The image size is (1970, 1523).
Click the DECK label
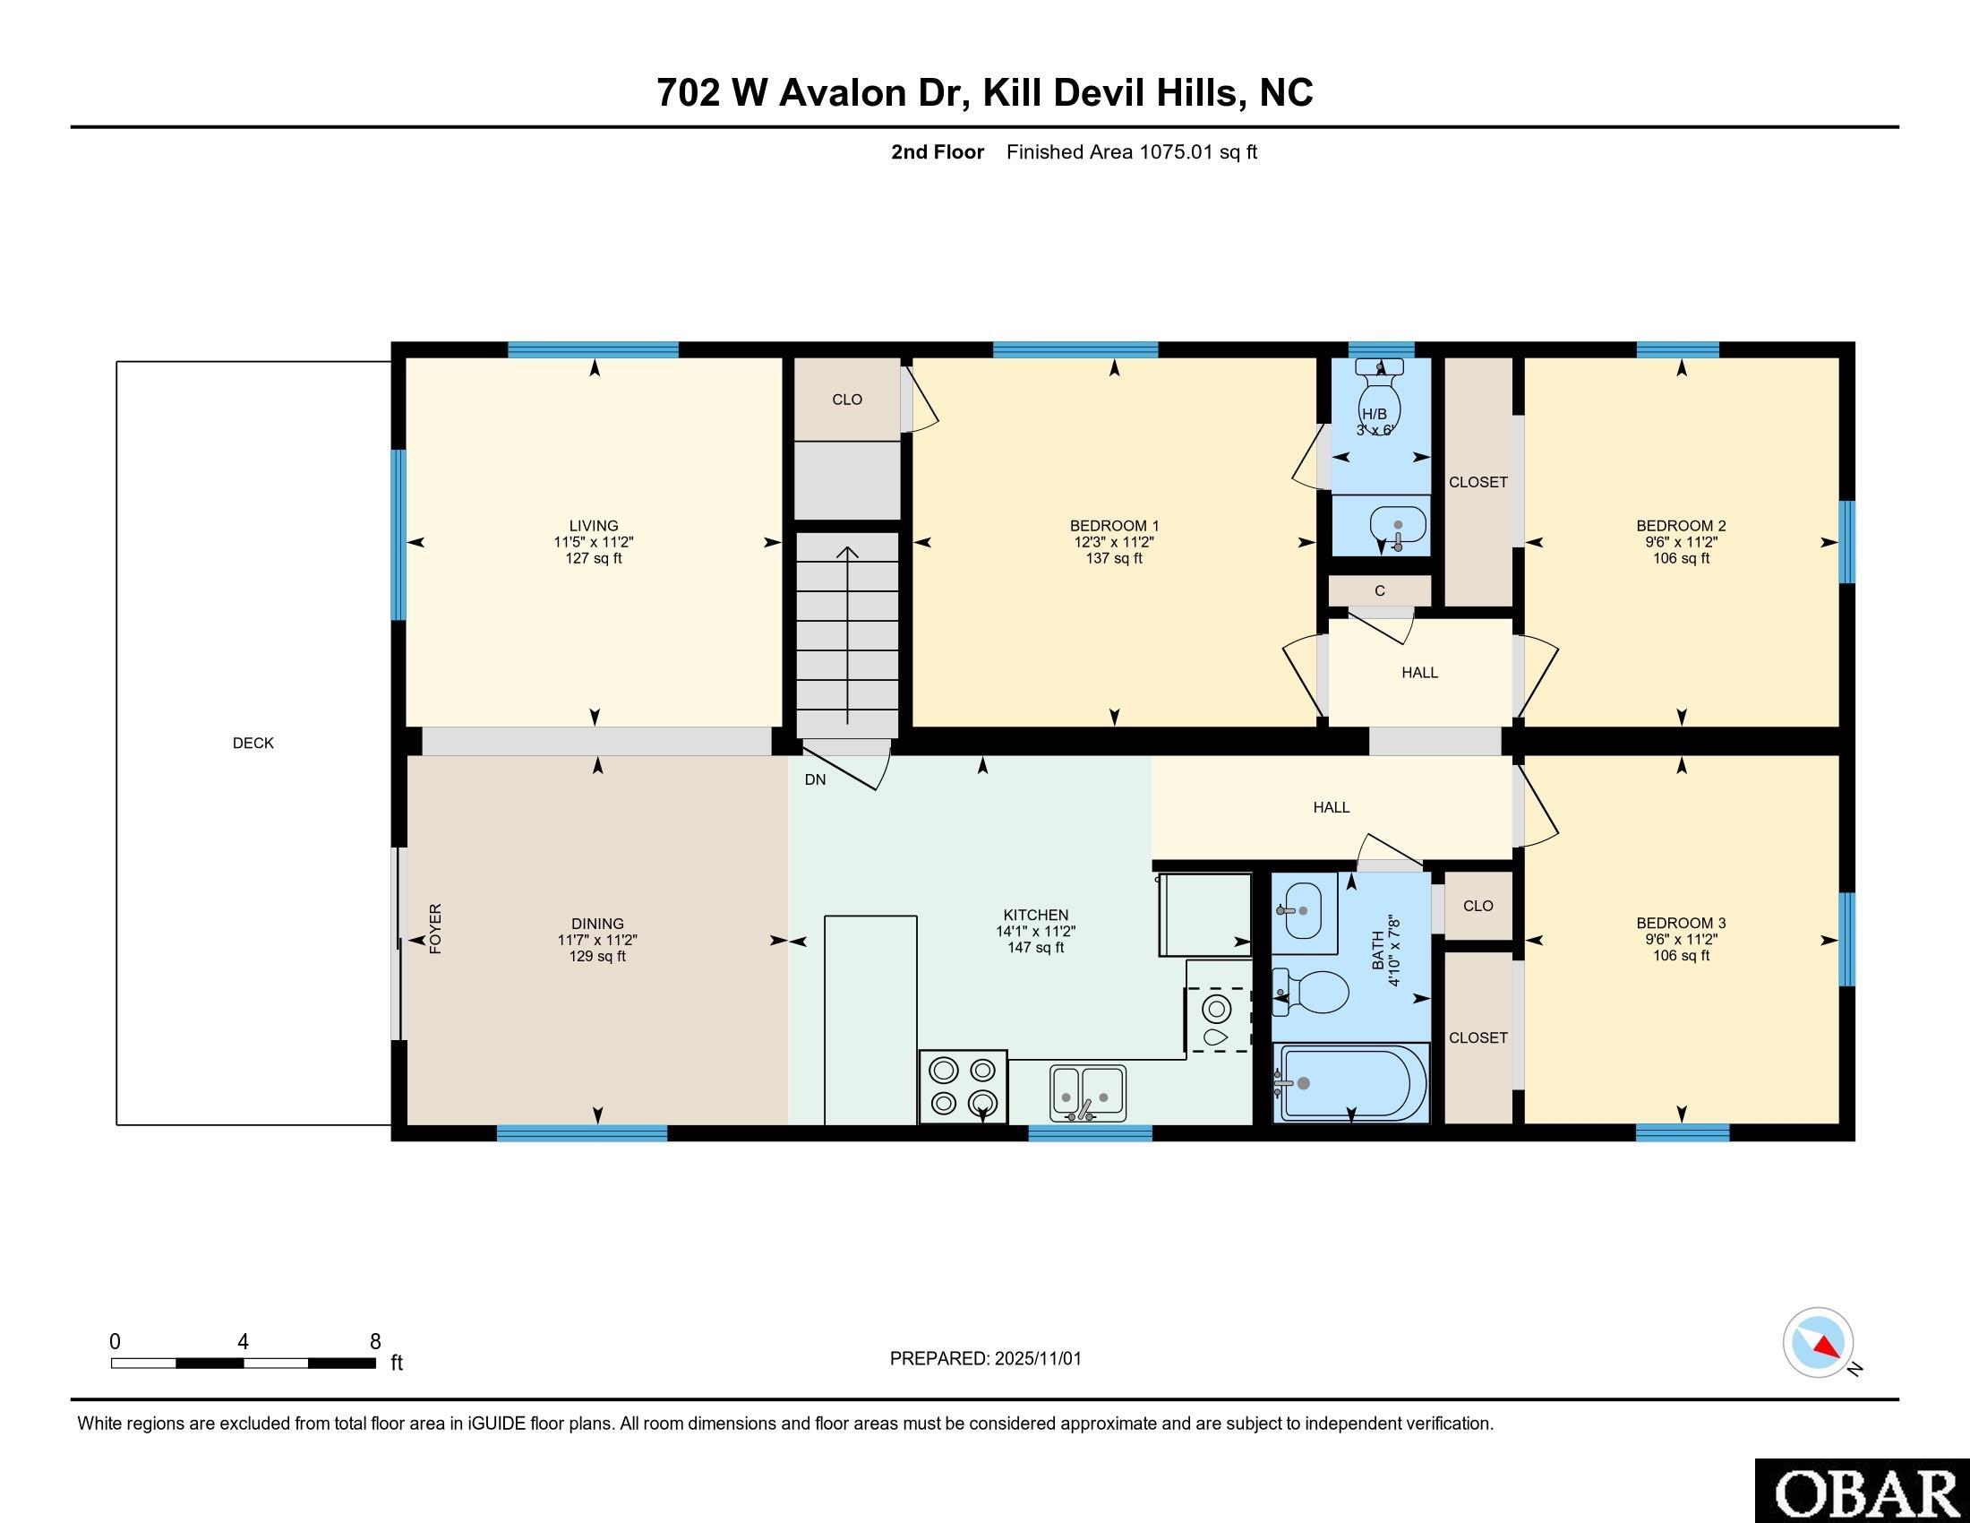(x=253, y=743)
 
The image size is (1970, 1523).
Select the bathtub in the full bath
(x=1351, y=1083)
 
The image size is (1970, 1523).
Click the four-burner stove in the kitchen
(x=964, y=1087)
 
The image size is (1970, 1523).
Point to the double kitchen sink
(x=1088, y=1093)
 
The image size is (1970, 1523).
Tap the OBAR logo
(x=1862, y=1491)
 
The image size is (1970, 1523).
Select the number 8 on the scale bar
(x=375, y=1341)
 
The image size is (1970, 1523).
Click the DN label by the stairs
(x=816, y=779)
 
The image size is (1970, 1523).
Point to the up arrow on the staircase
(x=847, y=635)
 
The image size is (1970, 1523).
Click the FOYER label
(x=436, y=928)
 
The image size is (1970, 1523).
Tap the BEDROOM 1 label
(x=1114, y=525)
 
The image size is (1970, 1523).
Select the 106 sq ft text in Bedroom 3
(x=1682, y=956)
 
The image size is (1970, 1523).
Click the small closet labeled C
(x=1379, y=591)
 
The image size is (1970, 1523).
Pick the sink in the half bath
(x=1397, y=525)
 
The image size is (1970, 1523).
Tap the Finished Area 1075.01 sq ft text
(x=1132, y=151)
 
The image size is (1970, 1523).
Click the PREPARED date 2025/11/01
(x=1037, y=1358)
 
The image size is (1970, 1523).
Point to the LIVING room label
(x=594, y=525)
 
